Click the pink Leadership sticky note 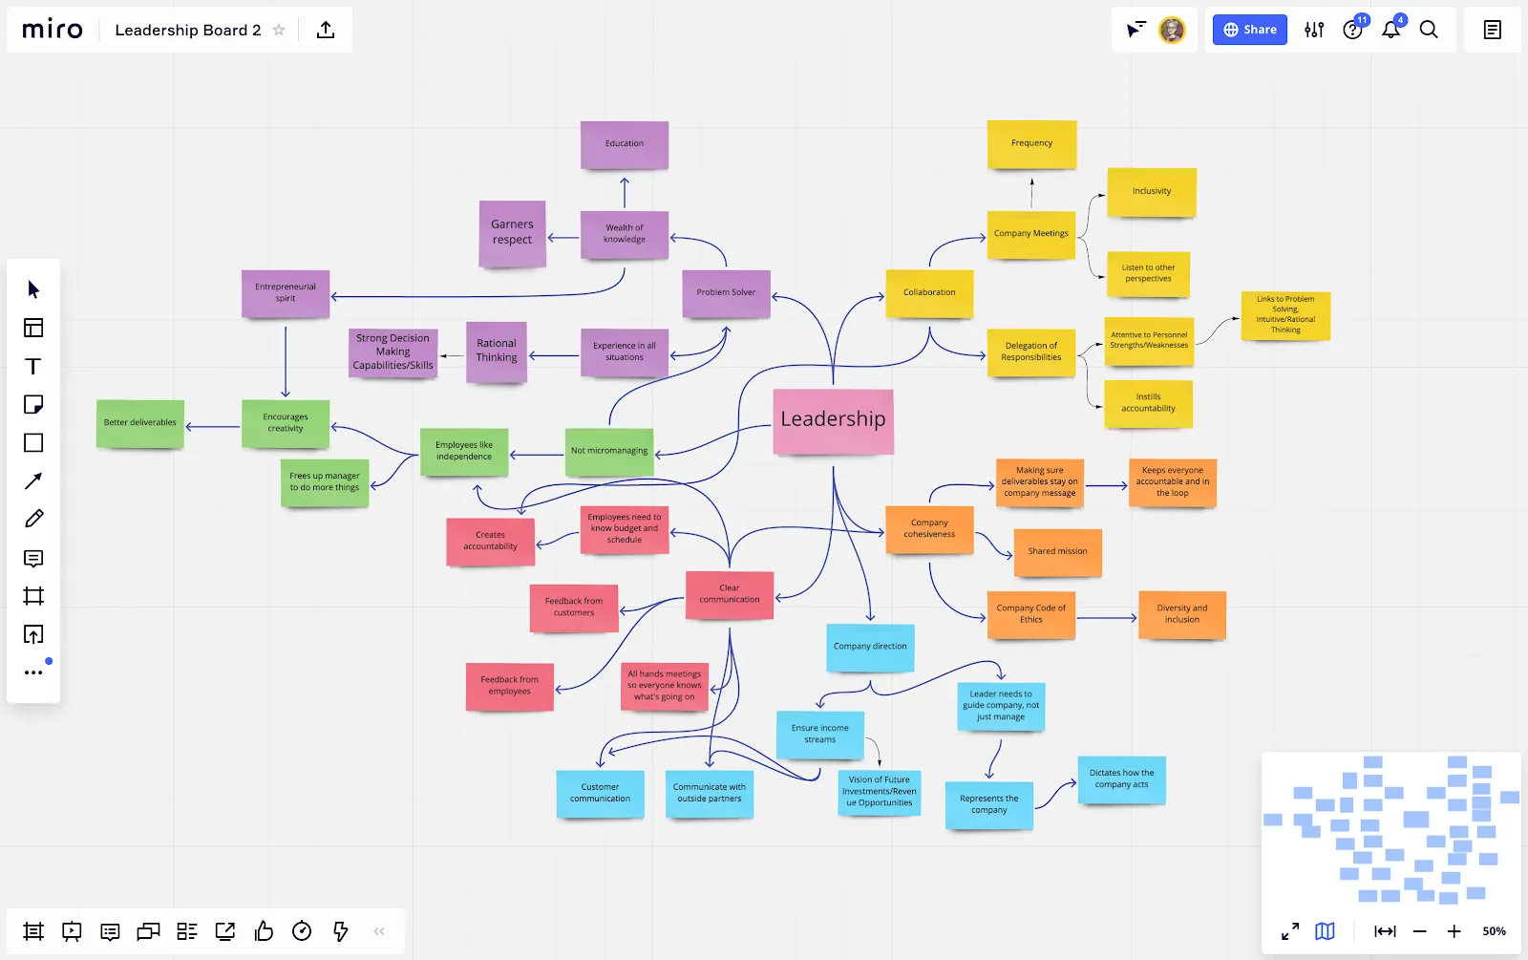pos(833,421)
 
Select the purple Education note pos(625,144)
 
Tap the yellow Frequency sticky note pos(1031,144)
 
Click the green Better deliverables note pos(139,423)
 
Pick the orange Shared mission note pos(1057,552)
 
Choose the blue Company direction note pos(870,647)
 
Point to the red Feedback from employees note pos(510,687)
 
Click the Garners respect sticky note pos(512,233)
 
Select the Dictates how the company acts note pos(1121,779)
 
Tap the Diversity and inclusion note pos(1182,615)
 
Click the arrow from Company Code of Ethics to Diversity pos(1107,617)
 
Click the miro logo pos(53,30)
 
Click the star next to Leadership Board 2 pos(279,30)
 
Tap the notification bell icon pos(1390,30)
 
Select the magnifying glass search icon pos(1429,30)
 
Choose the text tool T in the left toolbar pos(32,367)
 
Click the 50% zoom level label pos(1494,931)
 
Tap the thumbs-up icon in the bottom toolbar pos(264,930)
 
